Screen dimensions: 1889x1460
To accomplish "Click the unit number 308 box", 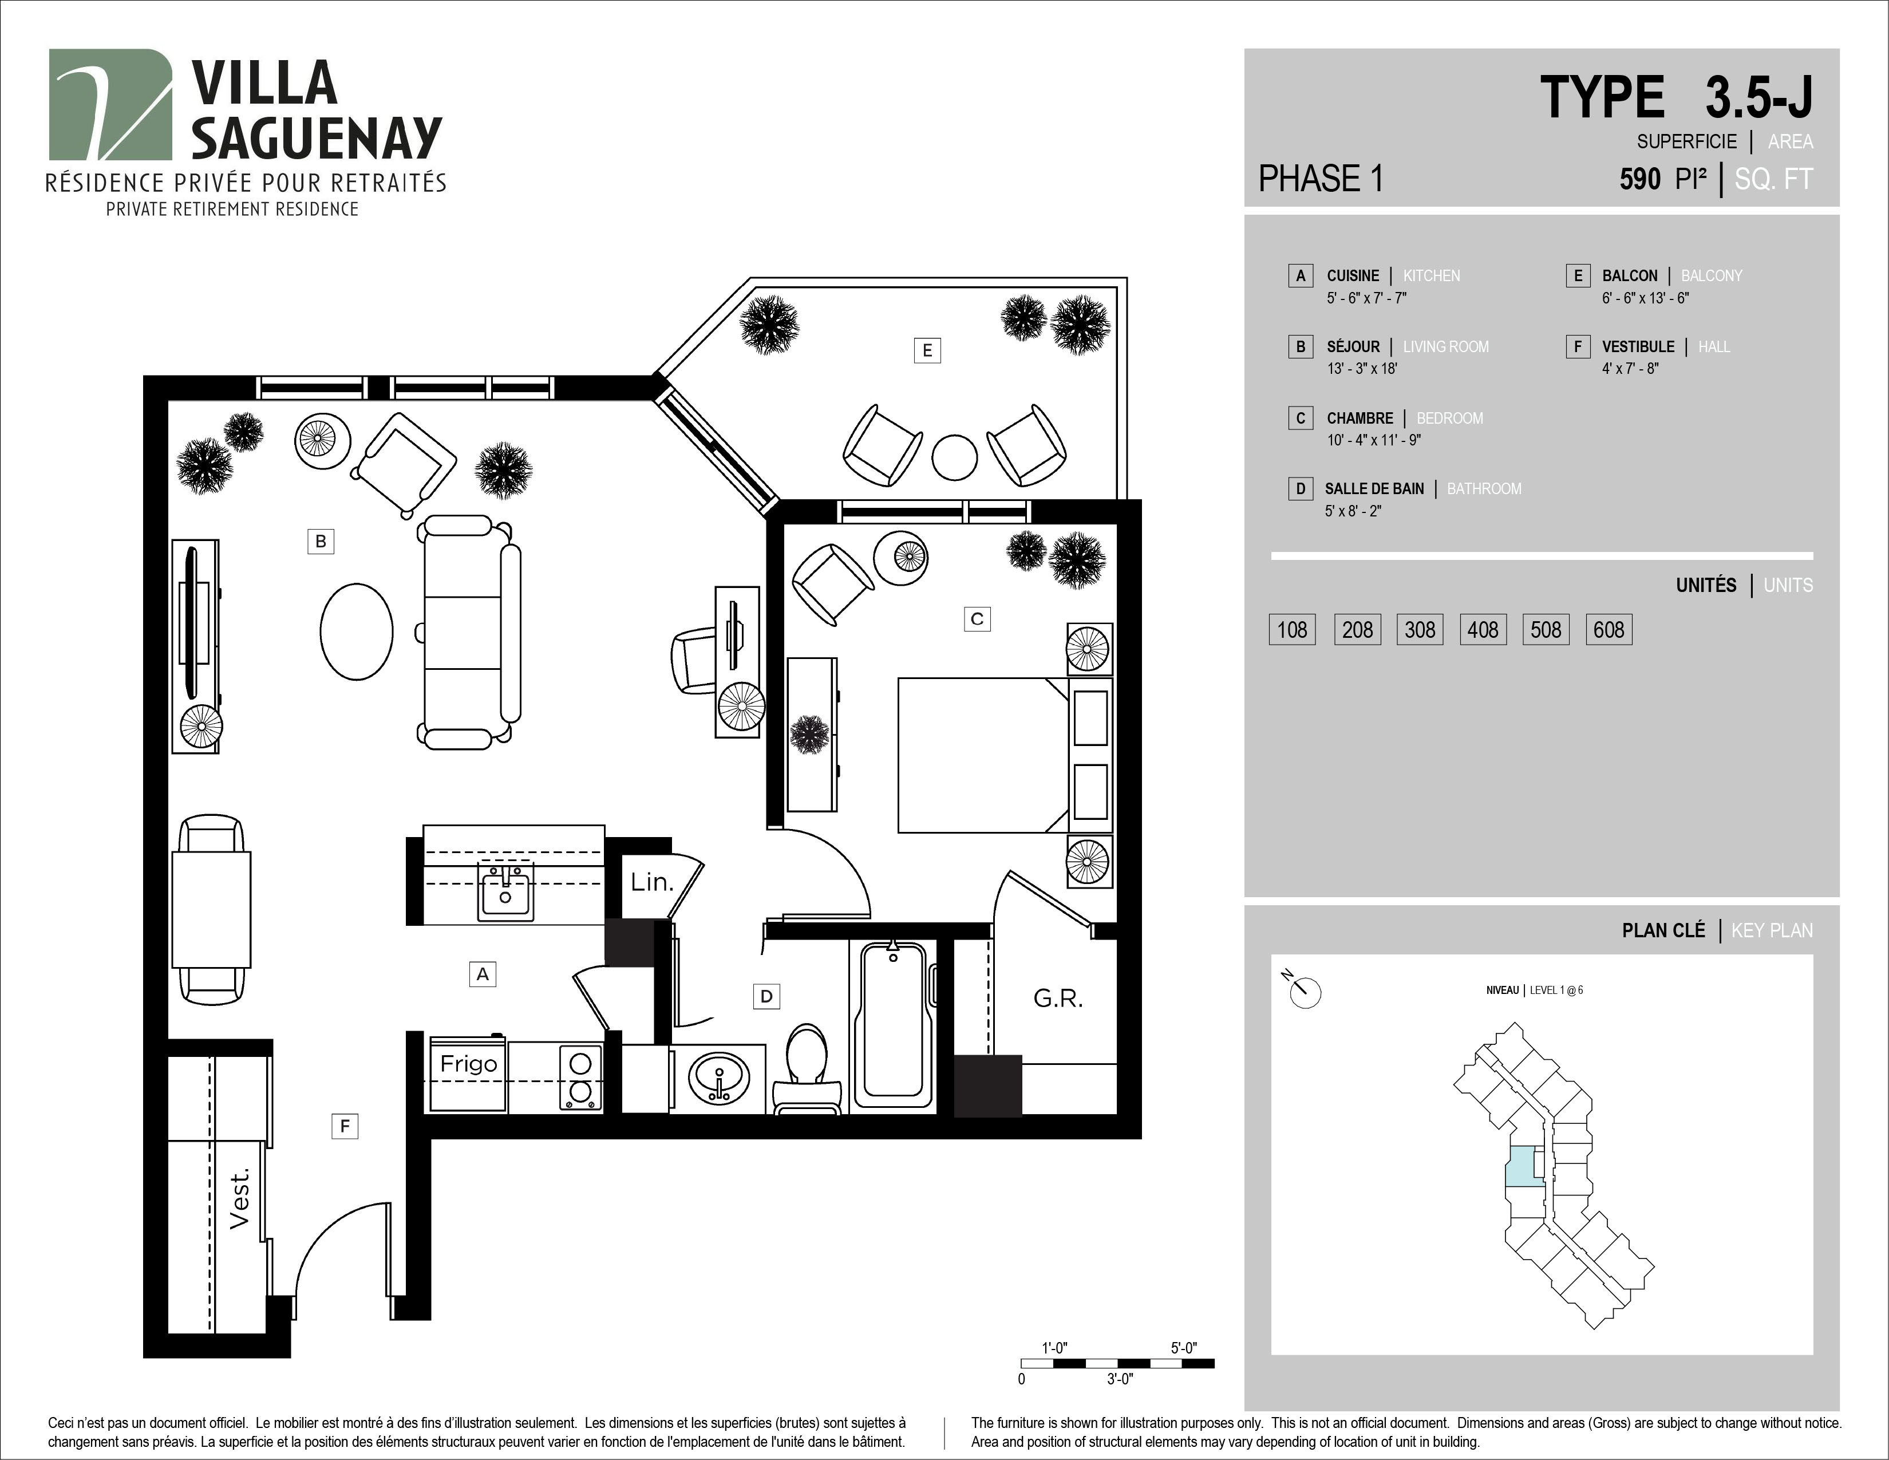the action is (1420, 630).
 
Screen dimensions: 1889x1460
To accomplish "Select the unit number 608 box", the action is (1609, 630).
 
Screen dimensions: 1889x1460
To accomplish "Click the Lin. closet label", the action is (651, 882).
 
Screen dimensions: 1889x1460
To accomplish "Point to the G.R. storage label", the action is (1058, 999).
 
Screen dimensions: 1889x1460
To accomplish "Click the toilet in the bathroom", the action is (807, 1069).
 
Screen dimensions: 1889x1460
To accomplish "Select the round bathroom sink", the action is (720, 1077).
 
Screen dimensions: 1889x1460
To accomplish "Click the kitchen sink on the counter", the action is (505, 891).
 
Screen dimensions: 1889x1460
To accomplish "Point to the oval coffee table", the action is (357, 632).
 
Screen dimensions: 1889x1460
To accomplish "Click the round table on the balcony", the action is (954, 457).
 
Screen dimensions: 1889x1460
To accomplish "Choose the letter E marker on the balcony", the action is (927, 350).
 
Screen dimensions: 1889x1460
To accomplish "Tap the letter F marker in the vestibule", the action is (345, 1126).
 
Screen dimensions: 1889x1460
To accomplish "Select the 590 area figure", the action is (1640, 179).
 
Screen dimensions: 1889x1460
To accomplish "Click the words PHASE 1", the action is (1321, 179).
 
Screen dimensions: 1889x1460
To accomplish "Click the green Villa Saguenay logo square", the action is (110, 105).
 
